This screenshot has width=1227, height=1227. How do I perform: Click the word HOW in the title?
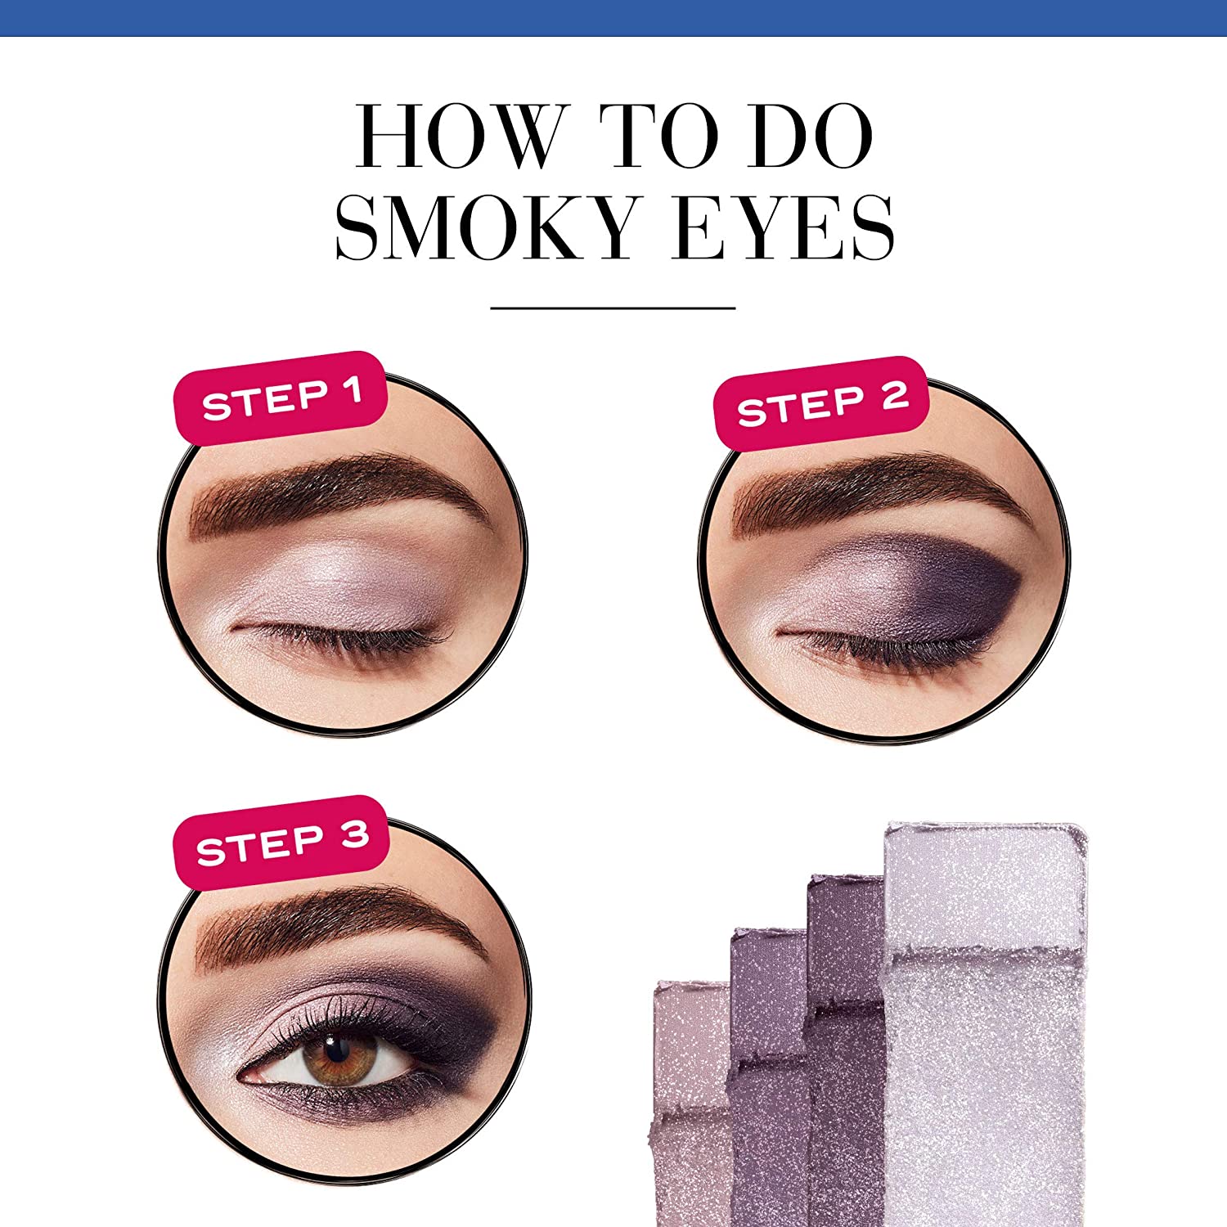click(463, 136)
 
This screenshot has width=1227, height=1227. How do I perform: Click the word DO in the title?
click(811, 136)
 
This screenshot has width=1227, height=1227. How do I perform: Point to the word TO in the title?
click(658, 136)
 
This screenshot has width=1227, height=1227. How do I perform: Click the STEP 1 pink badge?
click(281, 398)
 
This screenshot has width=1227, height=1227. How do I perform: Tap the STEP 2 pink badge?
click(822, 403)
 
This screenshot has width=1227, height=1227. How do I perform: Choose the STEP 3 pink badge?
click(281, 843)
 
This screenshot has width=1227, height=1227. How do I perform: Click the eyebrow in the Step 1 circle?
click(335, 495)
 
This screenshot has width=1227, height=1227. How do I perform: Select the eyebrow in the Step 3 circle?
click(335, 924)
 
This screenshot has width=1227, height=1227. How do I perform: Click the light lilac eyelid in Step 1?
click(344, 585)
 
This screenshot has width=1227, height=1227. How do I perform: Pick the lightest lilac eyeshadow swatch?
click(986, 1022)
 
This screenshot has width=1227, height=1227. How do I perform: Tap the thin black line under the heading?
click(613, 308)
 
